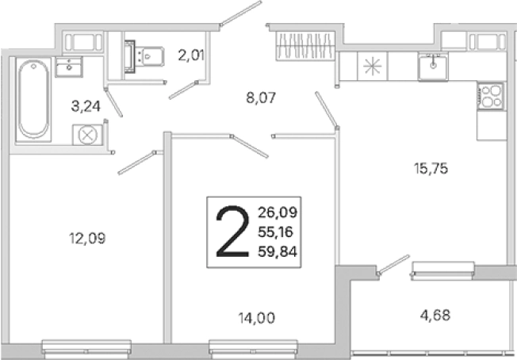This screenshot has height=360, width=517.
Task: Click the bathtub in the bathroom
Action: tap(33, 100)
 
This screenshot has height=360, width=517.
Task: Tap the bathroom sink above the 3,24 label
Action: tap(69, 67)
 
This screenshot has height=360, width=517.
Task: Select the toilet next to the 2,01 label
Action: tap(144, 56)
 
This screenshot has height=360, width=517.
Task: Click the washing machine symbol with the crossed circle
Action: tap(87, 135)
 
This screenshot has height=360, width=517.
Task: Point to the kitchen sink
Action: tap(433, 66)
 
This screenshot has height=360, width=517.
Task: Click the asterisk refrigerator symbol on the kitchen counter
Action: tap(372, 66)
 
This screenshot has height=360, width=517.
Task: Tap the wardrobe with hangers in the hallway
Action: tap(305, 45)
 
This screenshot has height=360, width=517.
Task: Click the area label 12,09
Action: tap(87, 238)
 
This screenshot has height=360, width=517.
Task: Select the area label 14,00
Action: tap(257, 318)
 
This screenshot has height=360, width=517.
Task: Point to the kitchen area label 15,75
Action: tap(431, 168)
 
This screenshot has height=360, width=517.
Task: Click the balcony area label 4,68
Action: tap(435, 315)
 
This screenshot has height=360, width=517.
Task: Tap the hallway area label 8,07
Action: tap(261, 98)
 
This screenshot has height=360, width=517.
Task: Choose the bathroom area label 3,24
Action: tap(86, 106)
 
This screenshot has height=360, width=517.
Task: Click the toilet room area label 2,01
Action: tap(191, 55)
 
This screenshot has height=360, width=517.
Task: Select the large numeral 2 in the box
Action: tap(232, 231)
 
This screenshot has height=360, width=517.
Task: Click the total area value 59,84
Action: tap(278, 252)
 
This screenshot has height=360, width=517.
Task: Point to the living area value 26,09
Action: tap(278, 213)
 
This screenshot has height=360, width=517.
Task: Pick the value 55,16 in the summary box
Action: tap(275, 232)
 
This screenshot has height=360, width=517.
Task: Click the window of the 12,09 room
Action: tap(86, 350)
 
